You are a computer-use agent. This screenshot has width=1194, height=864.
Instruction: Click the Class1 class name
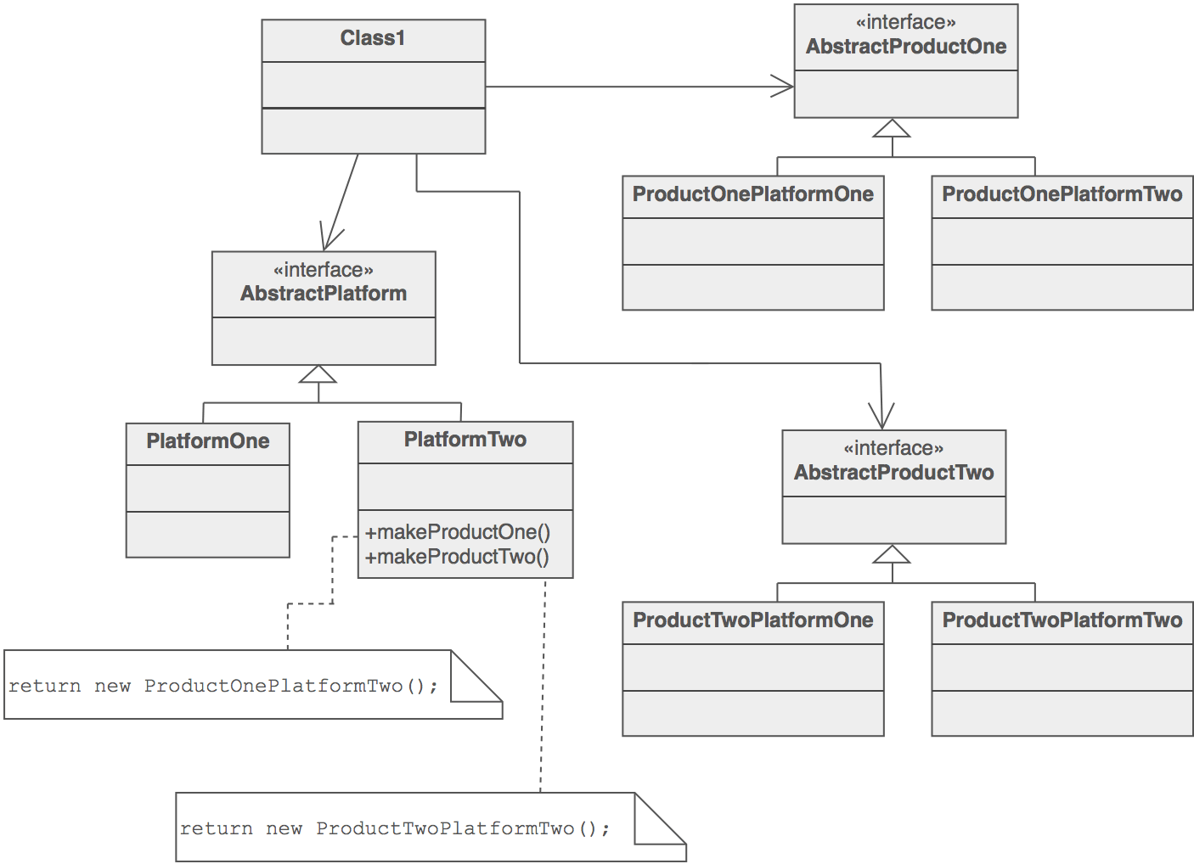[x=373, y=38]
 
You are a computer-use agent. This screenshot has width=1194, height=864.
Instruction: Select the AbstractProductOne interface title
[x=905, y=47]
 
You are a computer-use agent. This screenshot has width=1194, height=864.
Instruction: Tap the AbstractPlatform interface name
[x=324, y=294]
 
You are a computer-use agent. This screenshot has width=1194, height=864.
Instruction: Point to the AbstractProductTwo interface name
[x=893, y=473]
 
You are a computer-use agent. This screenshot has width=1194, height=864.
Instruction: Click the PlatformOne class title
[x=207, y=441]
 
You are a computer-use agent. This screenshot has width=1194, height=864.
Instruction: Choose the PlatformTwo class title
[x=465, y=440]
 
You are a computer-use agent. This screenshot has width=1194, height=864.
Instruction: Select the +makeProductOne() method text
[x=458, y=532]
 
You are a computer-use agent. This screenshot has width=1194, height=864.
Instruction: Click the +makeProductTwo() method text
[x=457, y=557]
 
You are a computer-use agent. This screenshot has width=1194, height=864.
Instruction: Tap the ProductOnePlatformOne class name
[x=752, y=194]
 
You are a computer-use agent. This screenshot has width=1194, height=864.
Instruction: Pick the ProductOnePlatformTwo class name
[x=1062, y=194]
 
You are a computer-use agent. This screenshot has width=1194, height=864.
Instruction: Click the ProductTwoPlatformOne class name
[x=752, y=620]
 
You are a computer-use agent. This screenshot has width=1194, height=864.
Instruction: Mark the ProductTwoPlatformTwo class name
[x=1062, y=620]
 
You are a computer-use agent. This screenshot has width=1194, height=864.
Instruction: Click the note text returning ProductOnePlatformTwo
[x=223, y=686]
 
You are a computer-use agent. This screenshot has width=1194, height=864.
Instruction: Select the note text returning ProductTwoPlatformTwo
[x=395, y=828]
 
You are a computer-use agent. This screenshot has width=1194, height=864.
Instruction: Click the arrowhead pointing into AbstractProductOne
[x=784, y=86]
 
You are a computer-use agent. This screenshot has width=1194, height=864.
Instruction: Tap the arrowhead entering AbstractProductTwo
[x=881, y=417]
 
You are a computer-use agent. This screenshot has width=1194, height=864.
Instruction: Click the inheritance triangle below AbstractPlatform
[x=318, y=375]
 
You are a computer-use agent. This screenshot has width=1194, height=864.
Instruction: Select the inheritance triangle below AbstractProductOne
[x=892, y=129]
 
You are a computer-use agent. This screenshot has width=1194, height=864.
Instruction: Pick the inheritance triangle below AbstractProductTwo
[x=892, y=555]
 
